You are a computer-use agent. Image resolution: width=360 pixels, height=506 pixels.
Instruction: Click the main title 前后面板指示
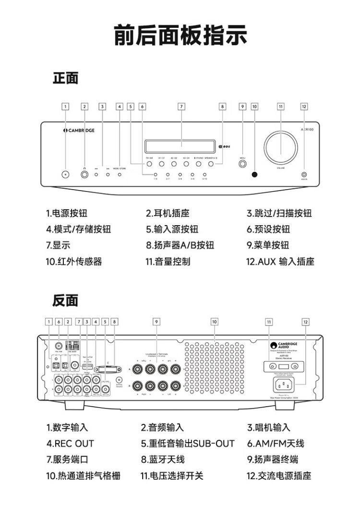pyautogui.click(x=180, y=36)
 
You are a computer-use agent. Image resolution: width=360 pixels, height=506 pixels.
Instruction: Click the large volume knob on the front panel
pyautogui.click(x=280, y=146)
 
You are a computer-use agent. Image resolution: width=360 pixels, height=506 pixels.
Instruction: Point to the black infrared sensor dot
pyautogui.click(x=254, y=174)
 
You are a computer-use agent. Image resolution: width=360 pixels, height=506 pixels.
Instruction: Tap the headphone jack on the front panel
pyautogui.click(x=85, y=174)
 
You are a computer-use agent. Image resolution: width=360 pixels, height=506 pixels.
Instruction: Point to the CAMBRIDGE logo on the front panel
pyautogui.click(x=79, y=130)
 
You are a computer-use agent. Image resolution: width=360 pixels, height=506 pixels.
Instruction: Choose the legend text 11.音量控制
pyautogui.click(x=168, y=262)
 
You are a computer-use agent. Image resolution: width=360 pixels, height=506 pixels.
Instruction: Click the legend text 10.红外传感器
pyautogui.click(x=74, y=262)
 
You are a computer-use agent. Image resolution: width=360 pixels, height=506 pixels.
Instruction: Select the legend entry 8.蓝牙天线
pyautogui.click(x=163, y=459)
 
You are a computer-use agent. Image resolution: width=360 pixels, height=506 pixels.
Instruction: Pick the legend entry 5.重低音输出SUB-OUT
pyautogui.click(x=188, y=444)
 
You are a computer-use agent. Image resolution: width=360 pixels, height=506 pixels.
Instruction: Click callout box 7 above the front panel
pyautogui.click(x=181, y=107)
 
